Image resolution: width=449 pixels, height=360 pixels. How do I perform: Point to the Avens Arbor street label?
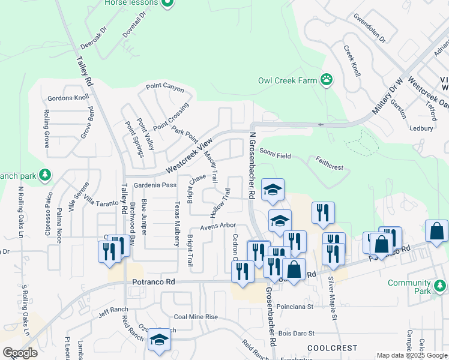(218, 226)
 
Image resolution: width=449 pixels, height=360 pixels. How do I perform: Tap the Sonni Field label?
(276, 156)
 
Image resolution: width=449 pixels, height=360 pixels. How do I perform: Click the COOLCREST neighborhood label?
(332, 348)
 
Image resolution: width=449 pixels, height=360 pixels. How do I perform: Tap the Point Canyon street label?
(165, 87)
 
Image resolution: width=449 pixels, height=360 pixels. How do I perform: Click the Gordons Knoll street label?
(68, 98)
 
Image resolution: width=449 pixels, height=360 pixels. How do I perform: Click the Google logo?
(20, 353)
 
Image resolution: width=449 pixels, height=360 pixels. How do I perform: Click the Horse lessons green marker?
(167, 3)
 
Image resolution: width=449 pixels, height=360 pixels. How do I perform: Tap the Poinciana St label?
(294, 307)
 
